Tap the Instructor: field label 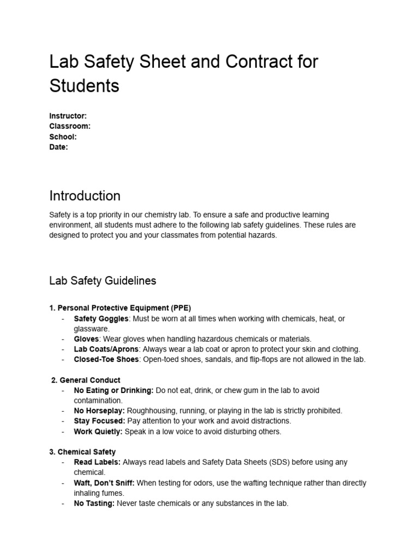click(x=68, y=116)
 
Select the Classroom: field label click(x=70, y=126)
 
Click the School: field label click(x=63, y=136)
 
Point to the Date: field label click(x=58, y=147)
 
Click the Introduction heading click(x=85, y=195)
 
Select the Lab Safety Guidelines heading click(x=103, y=281)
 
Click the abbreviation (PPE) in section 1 click(x=179, y=308)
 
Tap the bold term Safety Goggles click(x=101, y=318)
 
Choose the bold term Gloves click(x=86, y=339)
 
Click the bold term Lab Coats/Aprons click(x=106, y=349)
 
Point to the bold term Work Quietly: click(x=98, y=431)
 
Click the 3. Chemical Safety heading click(x=82, y=452)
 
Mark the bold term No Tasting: click(x=94, y=503)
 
